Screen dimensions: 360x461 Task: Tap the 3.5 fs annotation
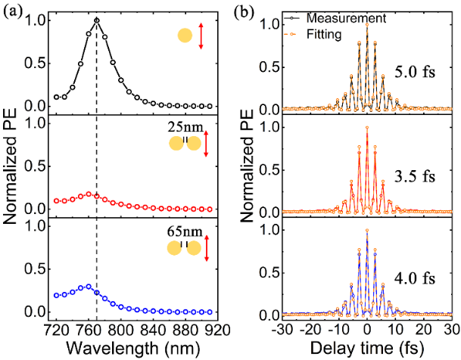(x=413, y=178)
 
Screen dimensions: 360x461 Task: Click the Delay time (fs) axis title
(x=367, y=349)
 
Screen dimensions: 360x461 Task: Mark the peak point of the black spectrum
(x=97, y=20)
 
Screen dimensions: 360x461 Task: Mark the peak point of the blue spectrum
(x=89, y=287)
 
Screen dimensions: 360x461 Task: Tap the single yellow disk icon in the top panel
(x=185, y=36)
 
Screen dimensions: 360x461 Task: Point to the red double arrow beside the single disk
(x=201, y=36)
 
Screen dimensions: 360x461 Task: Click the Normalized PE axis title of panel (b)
(x=248, y=166)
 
